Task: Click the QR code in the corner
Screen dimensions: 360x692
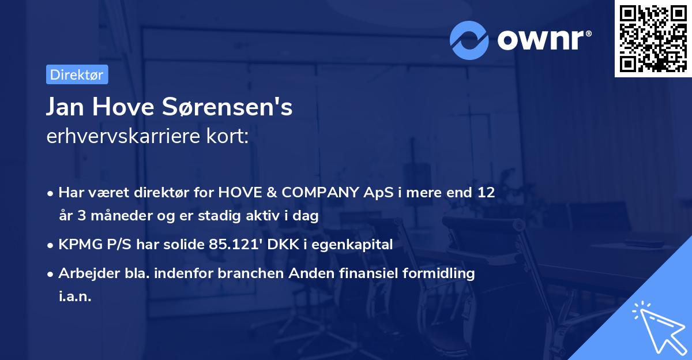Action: click(x=653, y=39)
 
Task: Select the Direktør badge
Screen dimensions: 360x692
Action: click(x=77, y=74)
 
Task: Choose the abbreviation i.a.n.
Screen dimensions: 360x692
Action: click(x=75, y=297)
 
